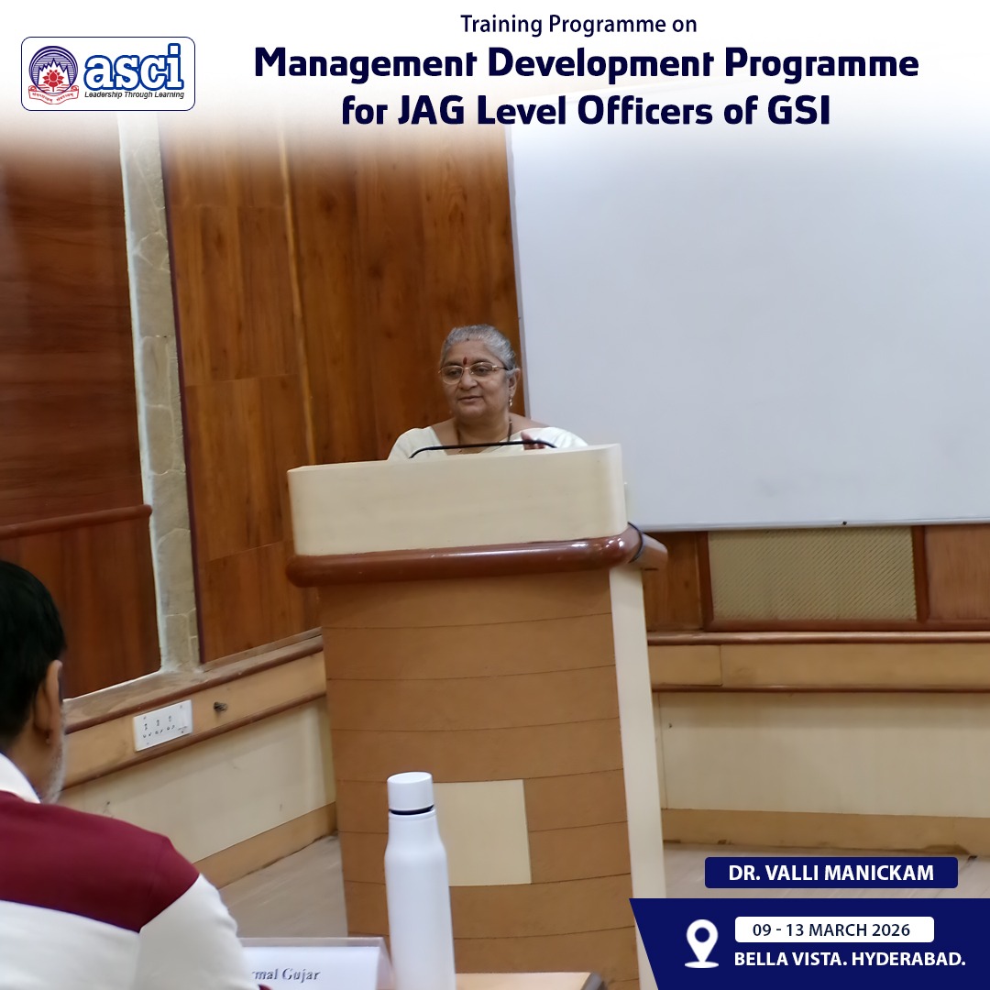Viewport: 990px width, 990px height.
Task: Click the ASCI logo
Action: click(x=108, y=73)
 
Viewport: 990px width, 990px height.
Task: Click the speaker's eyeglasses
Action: click(x=473, y=371)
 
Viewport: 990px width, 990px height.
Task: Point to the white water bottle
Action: click(x=418, y=880)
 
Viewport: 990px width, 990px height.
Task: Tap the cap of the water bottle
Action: click(x=410, y=790)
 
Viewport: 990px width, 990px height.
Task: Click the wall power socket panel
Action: click(x=162, y=724)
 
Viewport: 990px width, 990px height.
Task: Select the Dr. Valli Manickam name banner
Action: click(x=830, y=873)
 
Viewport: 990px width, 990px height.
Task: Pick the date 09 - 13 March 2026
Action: click(x=833, y=929)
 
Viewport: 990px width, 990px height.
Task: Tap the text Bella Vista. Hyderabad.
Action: click(x=849, y=960)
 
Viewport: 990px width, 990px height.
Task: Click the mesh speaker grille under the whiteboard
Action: click(x=811, y=575)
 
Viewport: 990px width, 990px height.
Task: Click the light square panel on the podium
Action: click(x=481, y=830)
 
